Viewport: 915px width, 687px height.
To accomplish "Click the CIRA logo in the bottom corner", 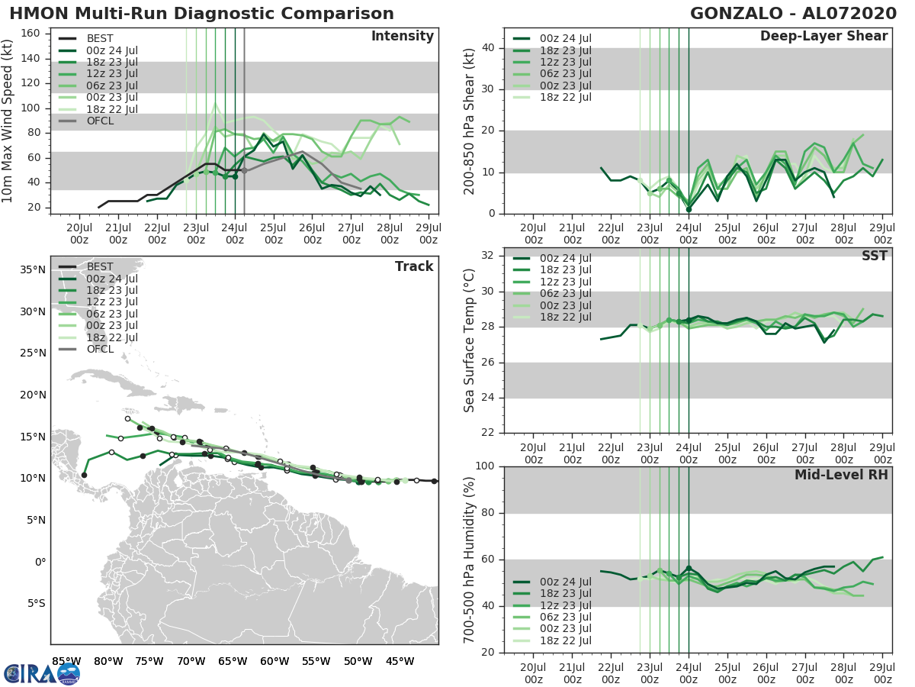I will [x=41, y=673].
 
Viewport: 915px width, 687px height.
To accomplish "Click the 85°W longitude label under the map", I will [x=66, y=660].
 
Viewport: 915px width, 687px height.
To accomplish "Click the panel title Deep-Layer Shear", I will [x=823, y=37].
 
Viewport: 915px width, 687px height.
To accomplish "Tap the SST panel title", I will [x=874, y=256].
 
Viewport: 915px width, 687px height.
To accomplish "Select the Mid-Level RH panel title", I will [x=841, y=475].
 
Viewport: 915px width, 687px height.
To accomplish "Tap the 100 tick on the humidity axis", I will [x=485, y=466].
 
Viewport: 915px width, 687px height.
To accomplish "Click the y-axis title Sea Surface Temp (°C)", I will [x=470, y=340].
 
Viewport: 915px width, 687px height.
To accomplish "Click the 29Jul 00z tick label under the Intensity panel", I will [x=428, y=233].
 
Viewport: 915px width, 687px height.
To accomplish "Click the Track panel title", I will [x=414, y=266].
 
